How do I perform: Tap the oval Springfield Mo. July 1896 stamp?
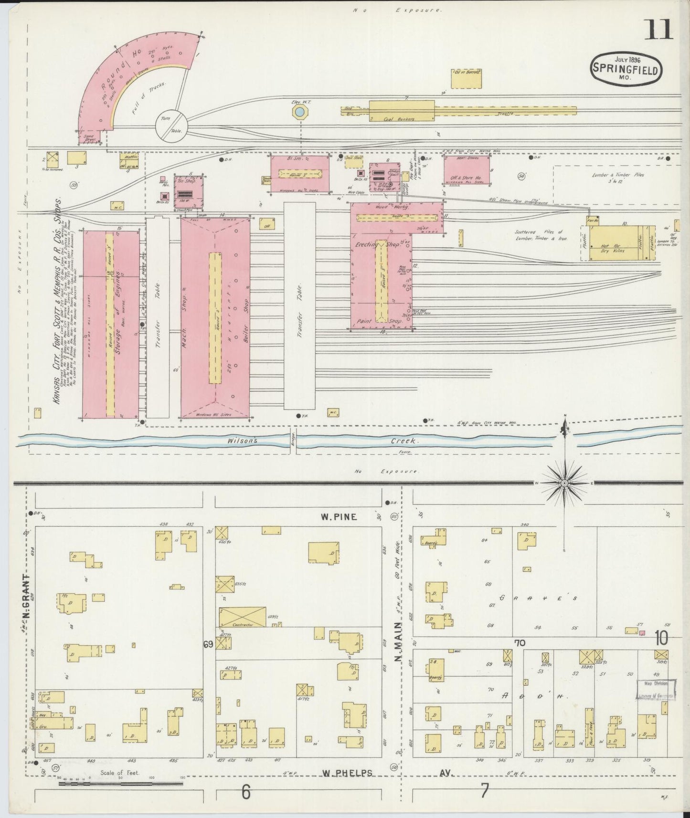(626, 68)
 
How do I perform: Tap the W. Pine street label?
(339, 517)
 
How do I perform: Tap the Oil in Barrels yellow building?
(467, 79)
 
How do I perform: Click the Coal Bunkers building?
(402, 111)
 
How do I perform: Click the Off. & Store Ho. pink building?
(467, 174)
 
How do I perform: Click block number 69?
(208, 645)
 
